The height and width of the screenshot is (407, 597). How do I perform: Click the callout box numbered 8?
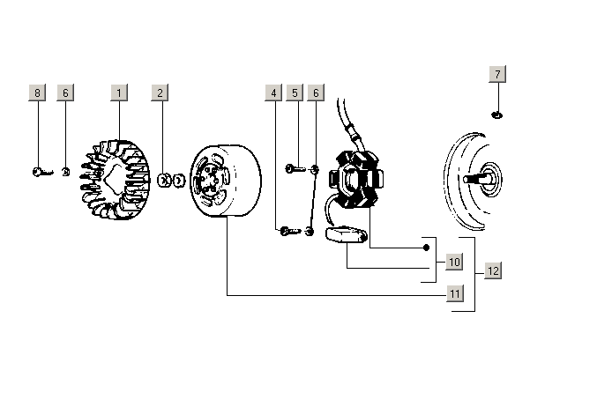pos(37,92)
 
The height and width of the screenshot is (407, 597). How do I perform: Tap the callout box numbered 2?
pos(160,92)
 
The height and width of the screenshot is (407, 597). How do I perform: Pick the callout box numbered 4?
pos(274,92)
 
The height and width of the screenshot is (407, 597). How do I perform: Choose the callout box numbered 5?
pos(295,92)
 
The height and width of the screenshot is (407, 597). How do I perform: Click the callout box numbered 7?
pos(497,74)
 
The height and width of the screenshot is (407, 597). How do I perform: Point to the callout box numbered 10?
pos(454,262)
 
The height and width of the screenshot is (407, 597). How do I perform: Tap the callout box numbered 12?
pos(493,271)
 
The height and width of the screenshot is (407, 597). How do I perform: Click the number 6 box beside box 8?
pos(64,92)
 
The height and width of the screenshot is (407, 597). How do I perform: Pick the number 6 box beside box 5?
pos(317,92)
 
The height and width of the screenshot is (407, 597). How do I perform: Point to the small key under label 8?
pos(41,173)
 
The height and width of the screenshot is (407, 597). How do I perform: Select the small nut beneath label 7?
pos(497,115)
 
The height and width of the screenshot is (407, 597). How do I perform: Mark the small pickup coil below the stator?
pos(345,235)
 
